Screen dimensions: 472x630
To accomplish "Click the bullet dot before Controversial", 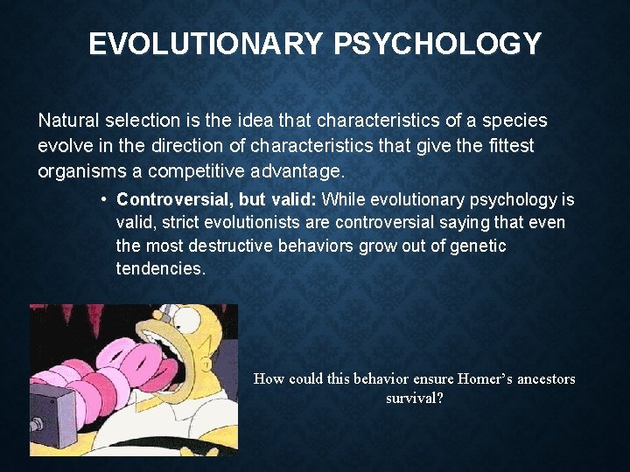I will (104, 198).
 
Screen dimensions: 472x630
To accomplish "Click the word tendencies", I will (161, 269).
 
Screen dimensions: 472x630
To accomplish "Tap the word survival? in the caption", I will (415, 398).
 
